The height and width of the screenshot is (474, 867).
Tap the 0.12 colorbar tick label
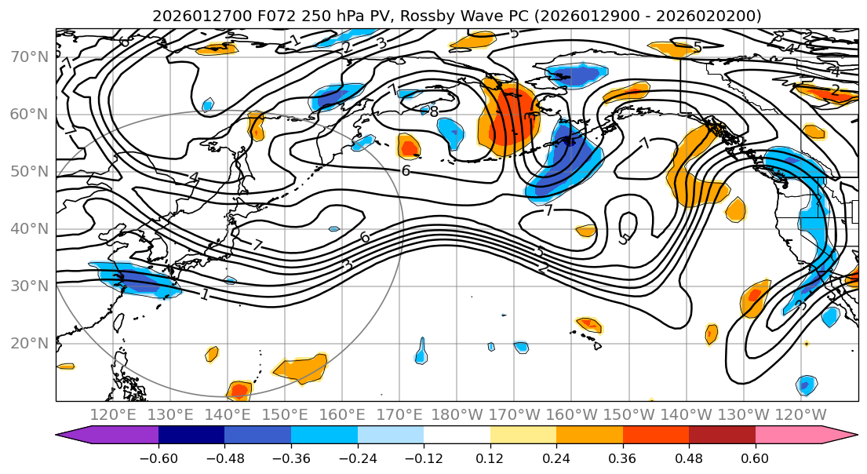click(490, 458)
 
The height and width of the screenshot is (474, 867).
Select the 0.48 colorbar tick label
click(689, 458)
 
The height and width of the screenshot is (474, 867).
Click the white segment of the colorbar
click(457, 436)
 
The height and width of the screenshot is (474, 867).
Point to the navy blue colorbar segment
click(191, 436)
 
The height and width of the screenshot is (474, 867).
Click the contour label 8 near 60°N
click(434, 112)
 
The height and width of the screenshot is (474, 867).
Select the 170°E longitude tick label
click(399, 414)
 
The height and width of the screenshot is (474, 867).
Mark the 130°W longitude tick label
click(744, 414)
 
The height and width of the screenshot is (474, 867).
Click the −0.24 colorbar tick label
click(357, 458)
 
